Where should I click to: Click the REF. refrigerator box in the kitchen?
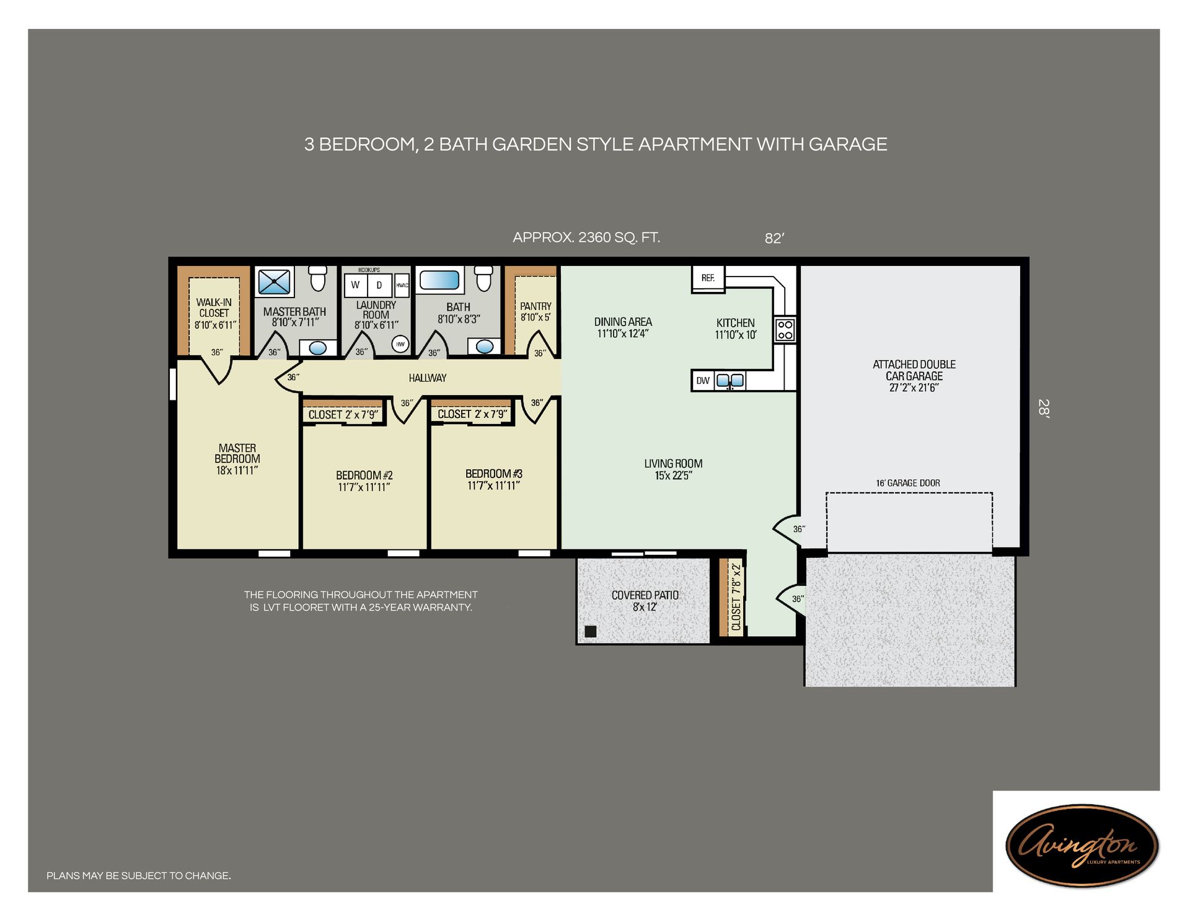click(708, 278)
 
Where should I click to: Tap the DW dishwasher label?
click(702, 381)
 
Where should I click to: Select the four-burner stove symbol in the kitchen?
click(785, 330)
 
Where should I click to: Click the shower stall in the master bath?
click(274, 282)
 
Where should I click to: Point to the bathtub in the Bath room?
click(439, 280)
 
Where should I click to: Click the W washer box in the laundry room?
click(356, 285)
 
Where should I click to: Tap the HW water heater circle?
click(400, 344)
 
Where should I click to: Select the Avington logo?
click(1082, 845)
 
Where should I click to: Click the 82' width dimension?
click(774, 239)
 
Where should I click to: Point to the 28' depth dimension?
click(1044, 409)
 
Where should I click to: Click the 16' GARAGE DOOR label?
click(907, 483)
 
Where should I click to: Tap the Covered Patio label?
click(645, 595)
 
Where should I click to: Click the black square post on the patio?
click(591, 632)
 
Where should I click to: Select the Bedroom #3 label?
click(493, 474)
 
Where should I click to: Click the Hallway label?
click(427, 378)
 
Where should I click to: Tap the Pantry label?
click(535, 306)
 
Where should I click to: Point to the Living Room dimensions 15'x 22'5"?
click(673, 475)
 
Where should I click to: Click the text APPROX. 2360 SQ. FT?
click(586, 237)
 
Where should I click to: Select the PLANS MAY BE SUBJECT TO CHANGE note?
click(139, 875)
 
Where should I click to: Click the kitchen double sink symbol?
click(729, 381)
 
